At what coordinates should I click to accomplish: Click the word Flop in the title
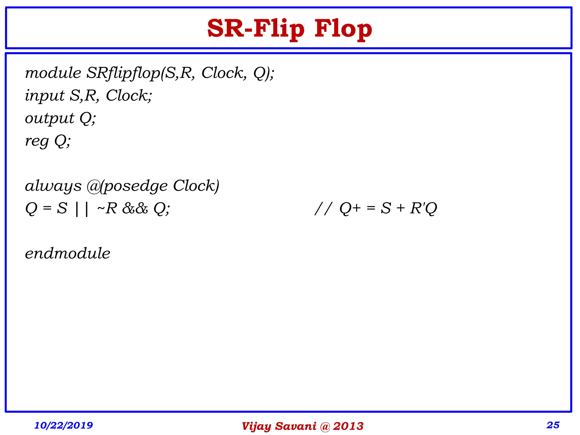point(343,29)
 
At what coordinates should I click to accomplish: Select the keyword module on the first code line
point(53,73)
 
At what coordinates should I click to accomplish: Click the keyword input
point(45,96)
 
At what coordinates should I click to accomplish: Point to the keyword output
point(50,118)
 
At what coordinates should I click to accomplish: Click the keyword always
point(53,186)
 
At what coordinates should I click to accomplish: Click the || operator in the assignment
point(82,209)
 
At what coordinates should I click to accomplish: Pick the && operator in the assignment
point(135,209)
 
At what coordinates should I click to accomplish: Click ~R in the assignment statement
point(107,209)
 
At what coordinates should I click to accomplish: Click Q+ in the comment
point(350,209)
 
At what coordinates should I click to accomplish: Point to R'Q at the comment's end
point(424,209)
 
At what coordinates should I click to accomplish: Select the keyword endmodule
point(67,253)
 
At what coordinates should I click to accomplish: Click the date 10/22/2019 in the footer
point(63,425)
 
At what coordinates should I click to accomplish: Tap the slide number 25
point(553,425)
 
